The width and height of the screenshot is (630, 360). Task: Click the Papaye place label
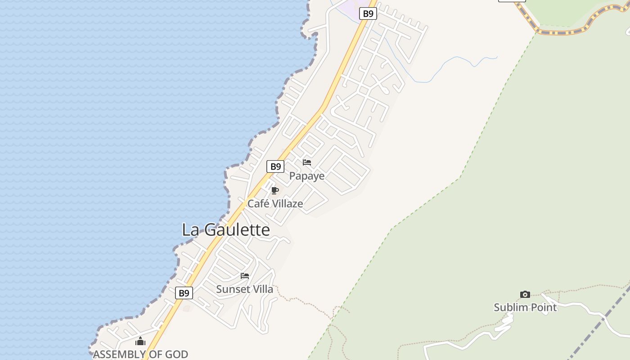(306, 175)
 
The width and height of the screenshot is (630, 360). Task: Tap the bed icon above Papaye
(307, 162)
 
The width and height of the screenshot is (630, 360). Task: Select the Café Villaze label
(275, 203)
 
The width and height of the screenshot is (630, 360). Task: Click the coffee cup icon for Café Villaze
(275, 191)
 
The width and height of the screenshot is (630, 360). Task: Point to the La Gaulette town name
(226, 230)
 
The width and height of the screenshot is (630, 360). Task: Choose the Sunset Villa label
(244, 289)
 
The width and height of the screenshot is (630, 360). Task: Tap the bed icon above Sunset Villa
(245, 276)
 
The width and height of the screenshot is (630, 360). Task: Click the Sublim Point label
(525, 307)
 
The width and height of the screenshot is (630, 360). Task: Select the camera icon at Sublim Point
(525, 295)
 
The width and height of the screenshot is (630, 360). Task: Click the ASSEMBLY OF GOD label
(140, 354)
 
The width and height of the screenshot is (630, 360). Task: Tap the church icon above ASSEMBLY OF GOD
(140, 342)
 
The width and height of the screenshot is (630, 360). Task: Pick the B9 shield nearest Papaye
(275, 166)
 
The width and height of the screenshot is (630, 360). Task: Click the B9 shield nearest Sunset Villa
(184, 293)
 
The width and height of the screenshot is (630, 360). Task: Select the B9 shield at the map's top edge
(368, 13)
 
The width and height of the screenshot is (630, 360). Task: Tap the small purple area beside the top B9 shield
(349, 6)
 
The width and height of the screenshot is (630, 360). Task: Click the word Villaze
(288, 203)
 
